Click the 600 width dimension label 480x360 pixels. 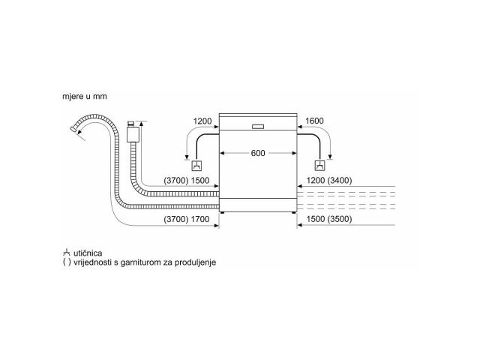(x=258, y=153)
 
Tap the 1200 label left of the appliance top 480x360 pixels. (x=202, y=121)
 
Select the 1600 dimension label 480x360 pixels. (x=314, y=121)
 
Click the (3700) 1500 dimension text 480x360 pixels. (x=187, y=180)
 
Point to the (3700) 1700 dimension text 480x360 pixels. (x=187, y=219)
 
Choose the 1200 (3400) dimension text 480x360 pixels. (x=329, y=180)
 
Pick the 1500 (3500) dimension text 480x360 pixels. (x=329, y=219)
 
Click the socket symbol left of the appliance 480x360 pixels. (x=196, y=165)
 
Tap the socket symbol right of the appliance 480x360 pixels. (x=320, y=165)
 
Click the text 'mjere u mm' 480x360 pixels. (x=85, y=97)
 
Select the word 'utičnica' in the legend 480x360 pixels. (x=88, y=253)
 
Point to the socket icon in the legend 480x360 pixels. (x=67, y=253)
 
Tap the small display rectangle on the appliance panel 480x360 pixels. (x=258, y=127)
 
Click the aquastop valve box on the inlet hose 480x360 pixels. (x=133, y=134)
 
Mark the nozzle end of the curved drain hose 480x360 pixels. (x=73, y=129)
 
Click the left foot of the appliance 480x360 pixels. (x=222, y=213)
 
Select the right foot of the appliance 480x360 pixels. (x=294, y=213)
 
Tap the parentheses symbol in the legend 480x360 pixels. (x=67, y=262)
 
